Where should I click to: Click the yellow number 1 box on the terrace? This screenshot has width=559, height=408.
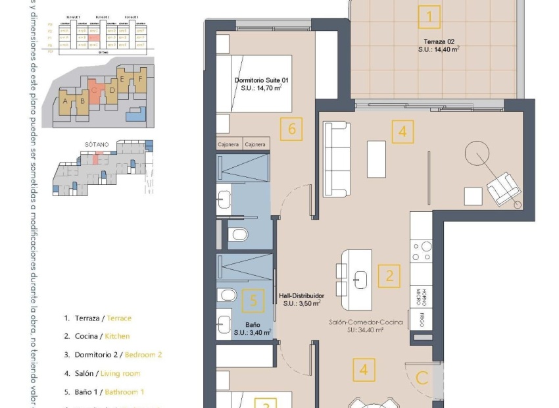tap(429, 16)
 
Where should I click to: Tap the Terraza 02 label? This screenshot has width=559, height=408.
tap(438, 44)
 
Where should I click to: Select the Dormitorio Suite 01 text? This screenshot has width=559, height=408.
tap(261, 84)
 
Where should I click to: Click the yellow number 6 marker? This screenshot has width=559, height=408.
tap(291, 129)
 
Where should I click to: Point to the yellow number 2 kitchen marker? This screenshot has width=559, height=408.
tap(389, 276)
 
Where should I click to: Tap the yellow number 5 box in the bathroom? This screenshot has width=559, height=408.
tap(253, 301)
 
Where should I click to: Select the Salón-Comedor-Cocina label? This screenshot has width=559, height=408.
tap(366, 322)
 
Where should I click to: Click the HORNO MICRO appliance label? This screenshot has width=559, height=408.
tap(424, 297)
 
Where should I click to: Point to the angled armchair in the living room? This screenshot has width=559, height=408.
tap(504, 187)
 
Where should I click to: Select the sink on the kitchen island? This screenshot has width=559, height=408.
tap(360, 279)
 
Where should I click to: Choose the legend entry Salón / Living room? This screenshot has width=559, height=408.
tap(102, 373)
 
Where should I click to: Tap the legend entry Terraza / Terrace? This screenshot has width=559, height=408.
tap(98, 318)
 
